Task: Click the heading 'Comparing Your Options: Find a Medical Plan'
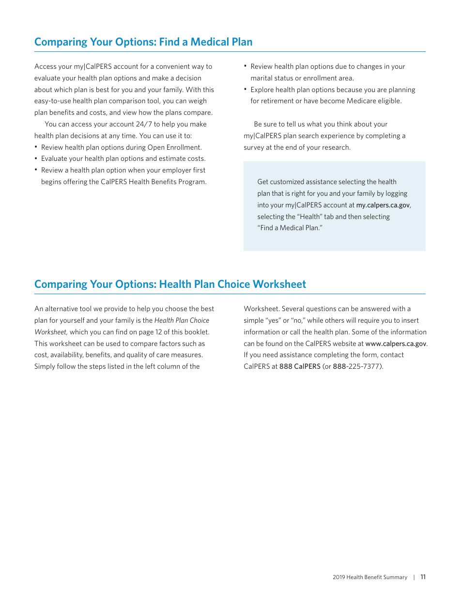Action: (143, 42)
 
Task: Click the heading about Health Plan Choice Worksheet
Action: (170, 284)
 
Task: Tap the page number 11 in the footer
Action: (423, 577)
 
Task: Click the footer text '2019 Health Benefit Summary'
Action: (370, 577)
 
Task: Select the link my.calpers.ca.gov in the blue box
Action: (383, 205)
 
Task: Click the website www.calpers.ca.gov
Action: (396, 344)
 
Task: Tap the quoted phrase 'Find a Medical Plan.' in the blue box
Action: (290, 228)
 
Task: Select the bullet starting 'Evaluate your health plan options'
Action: (123, 158)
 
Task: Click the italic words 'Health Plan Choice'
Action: (182, 320)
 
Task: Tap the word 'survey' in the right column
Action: (254, 147)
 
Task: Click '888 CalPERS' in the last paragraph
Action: (300, 366)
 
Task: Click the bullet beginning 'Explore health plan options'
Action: (333, 90)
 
